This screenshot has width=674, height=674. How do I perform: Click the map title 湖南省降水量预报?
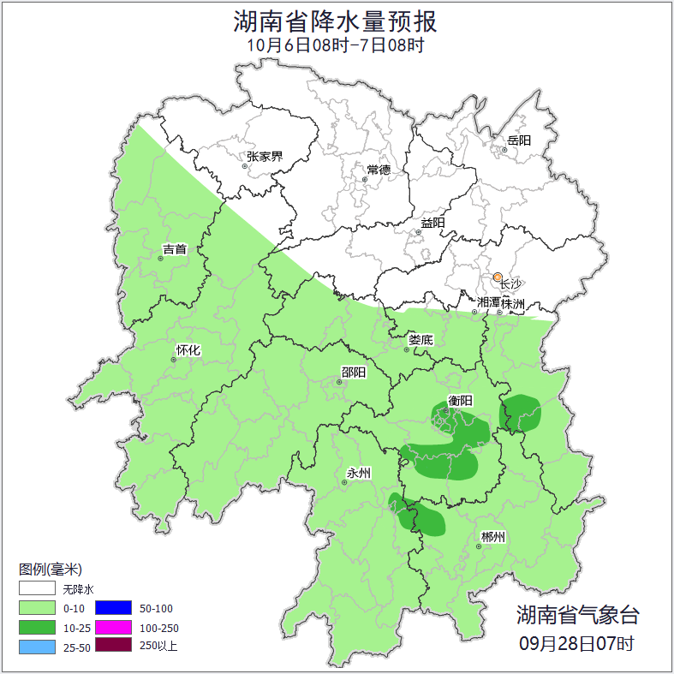coord(336,21)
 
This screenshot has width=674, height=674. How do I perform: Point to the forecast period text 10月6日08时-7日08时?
coord(336,45)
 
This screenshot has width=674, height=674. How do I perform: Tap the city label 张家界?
coord(265,157)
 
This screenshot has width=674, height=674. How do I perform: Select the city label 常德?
coord(379,170)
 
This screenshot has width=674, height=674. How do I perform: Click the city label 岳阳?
coord(519,140)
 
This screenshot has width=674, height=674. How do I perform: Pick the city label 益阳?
coord(432,223)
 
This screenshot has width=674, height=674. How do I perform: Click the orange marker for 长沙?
coord(498,277)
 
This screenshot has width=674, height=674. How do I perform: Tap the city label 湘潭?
coord(488,303)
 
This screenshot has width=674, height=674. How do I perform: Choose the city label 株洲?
coord(512,303)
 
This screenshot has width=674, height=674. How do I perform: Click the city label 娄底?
coord(421,340)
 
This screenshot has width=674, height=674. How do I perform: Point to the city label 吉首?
coord(175,249)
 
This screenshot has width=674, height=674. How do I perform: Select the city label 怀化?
coord(188,350)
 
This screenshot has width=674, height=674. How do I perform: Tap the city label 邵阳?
coord(353,372)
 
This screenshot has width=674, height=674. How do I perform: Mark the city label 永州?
coord(359,473)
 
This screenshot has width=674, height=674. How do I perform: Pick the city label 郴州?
coord(492,537)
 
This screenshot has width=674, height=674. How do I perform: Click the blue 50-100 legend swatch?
coord(113,608)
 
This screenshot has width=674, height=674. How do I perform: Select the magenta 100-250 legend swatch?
coord(113,627)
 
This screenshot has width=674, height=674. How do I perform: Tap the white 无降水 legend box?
coord(37,589)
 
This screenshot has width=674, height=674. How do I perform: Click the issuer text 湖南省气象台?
coord(577,614)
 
